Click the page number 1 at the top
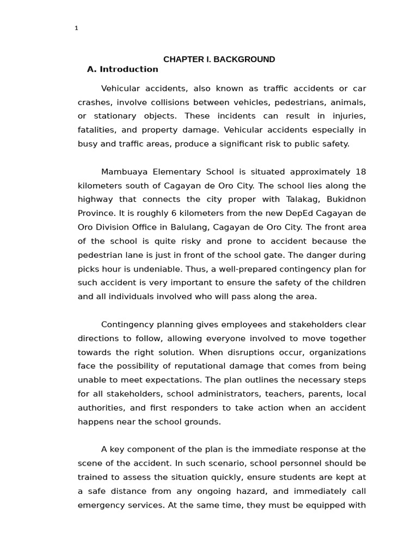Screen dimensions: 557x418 [x=77, y=28]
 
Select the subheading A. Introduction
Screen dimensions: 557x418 [x=122, y=69]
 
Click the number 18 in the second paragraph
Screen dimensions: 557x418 [x=360, y=172]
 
